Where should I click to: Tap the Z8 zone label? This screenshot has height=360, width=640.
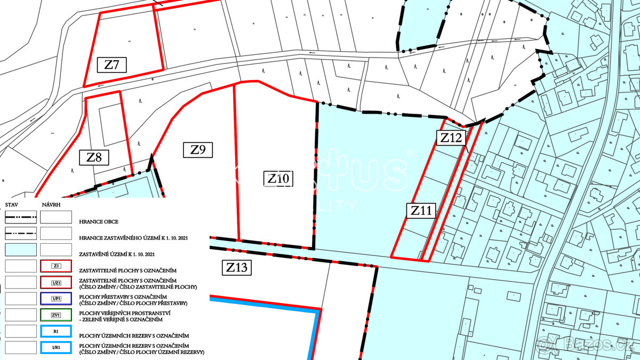coord(94,157)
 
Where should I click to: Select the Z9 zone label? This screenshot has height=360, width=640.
coord(198,150)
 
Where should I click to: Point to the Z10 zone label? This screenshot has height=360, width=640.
coord(278,179)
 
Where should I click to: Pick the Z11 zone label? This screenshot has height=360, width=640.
coord(421,211)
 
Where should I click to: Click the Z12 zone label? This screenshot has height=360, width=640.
coord(451,138)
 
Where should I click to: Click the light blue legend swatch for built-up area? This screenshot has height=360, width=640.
coord(21,250)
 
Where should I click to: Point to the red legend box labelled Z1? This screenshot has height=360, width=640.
coord(56,266)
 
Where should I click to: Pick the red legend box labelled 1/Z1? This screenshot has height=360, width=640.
coord(56,282)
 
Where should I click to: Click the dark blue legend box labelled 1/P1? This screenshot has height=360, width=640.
coord(56,299)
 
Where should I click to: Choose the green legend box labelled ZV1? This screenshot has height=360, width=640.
coord(56,315)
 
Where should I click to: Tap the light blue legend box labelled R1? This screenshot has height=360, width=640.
coord(56,331)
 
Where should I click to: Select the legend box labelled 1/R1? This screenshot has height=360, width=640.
coord(56,348)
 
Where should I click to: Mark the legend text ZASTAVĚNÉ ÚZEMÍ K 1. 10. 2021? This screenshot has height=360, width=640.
coord(117,254)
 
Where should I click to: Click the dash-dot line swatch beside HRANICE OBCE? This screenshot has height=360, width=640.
coord(21,217)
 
